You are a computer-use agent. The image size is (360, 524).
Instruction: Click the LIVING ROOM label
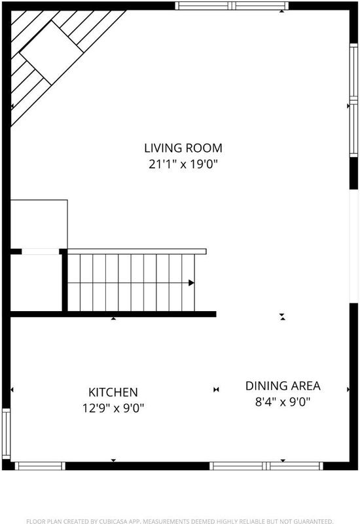click(183, 148)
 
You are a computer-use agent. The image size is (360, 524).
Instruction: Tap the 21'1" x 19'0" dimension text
click(183, 164)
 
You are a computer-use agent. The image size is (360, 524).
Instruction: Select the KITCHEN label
click(113, 392)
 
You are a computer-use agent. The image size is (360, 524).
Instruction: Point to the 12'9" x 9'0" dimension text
click(113, 408)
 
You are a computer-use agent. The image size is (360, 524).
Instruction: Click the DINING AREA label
click(283, 386)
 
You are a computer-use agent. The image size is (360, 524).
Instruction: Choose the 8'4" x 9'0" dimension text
click(283, 402)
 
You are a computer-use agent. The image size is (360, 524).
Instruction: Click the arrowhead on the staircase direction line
click(191, 283)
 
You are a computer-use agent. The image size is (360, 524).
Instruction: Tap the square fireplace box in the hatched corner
click(51, 53)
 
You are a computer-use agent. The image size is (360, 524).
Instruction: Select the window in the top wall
click(232, 6)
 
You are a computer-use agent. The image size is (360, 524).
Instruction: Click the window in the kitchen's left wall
click(7, 434)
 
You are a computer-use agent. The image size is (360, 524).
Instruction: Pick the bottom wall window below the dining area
click(266, 466)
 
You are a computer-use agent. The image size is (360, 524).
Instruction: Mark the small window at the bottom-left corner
click(40, 466)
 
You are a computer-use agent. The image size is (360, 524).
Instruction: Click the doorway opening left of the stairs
click(41, 252)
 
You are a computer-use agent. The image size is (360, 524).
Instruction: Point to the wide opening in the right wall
click(353, 246)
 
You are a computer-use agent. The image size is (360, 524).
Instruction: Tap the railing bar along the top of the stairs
click(137, 252)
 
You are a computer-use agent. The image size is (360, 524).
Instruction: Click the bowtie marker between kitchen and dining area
click(216, 389)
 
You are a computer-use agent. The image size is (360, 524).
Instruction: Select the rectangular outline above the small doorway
click(39, 224)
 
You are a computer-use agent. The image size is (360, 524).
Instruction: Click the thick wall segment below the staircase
click(113, 314)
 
